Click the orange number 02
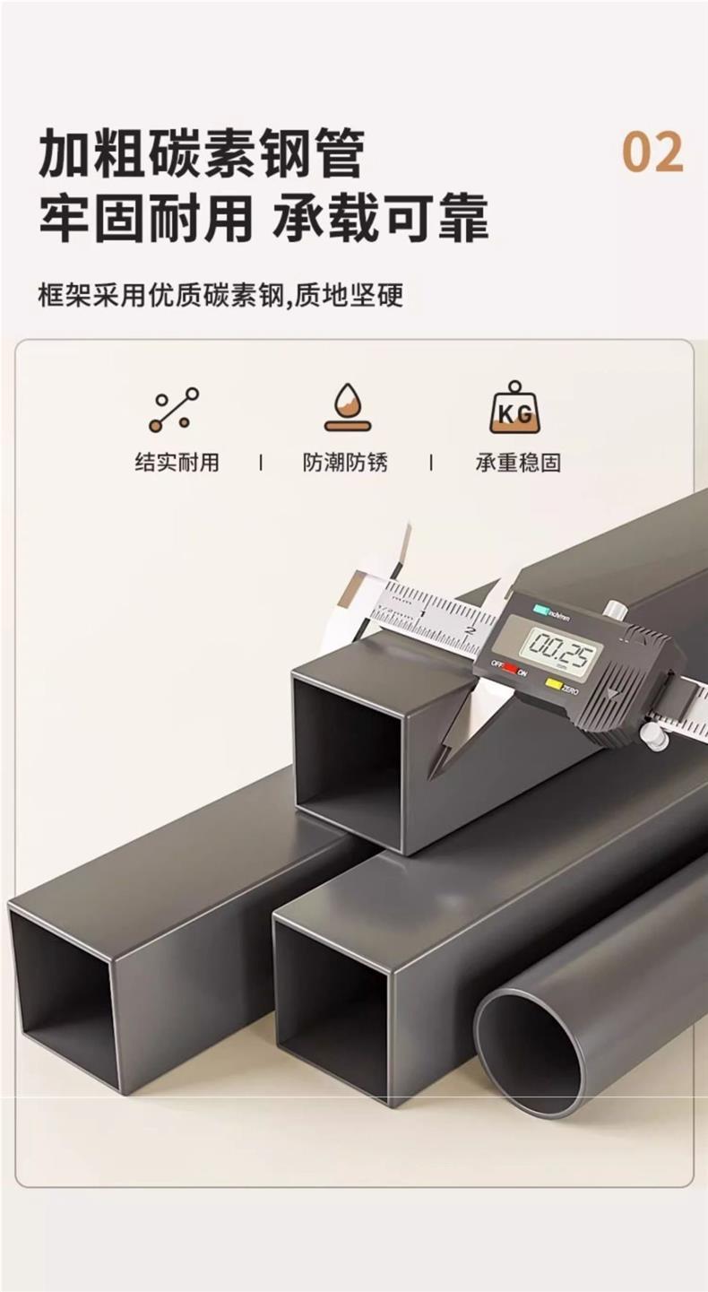coord(652,152)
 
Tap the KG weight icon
coord(514,408)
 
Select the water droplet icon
coord(347,408)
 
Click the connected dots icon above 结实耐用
coord(174,410)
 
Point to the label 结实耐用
coord(177,463)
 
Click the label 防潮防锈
coord(345,463)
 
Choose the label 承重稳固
coord(518,463)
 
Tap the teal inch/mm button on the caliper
coord(541,609)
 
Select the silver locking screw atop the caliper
coord(614,609)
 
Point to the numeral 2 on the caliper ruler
coord(470,630)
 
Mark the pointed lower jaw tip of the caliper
coord(435,773)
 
